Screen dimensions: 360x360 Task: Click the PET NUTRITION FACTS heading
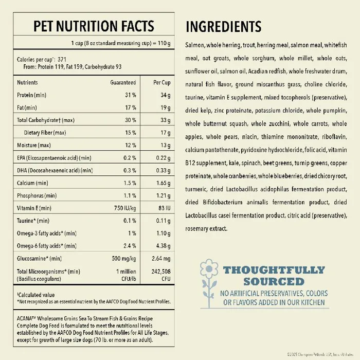pyautogui.click(x=93, y=26)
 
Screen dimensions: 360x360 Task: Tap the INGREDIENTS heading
pyautogui.click(x=223, y=27)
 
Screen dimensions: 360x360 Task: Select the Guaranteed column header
pyautogui.click(x=123, y=82)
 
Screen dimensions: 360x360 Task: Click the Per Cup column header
pyautogui.click(x=161, y=82)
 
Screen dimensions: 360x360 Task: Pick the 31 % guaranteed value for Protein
pyautogui.click(x=130, y=95)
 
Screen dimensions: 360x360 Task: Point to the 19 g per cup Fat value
pyautogui.click(x=165, y=107)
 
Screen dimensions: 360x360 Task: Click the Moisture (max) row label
pyautogui.click(x=34, y=145)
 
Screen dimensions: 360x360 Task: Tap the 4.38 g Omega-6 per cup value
pyautogui.click(x=163, y=246)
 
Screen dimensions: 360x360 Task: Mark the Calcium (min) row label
pyautogui.click(x=32, y=183)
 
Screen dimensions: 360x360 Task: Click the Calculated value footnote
pyautogui.click(x=37, y=295)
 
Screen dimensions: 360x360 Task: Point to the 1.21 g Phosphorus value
pyautogui.click(x=162, y=195)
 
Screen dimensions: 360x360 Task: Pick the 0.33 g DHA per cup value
pyautogui.click(x=162, y=170)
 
